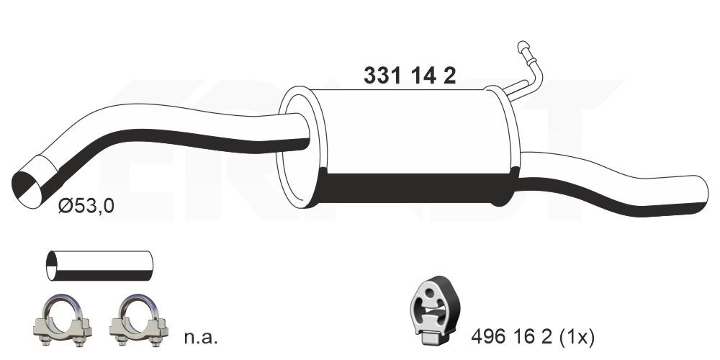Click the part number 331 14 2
point(410,76)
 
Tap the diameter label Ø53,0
point(86,207)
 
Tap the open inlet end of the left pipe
point(30,181)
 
